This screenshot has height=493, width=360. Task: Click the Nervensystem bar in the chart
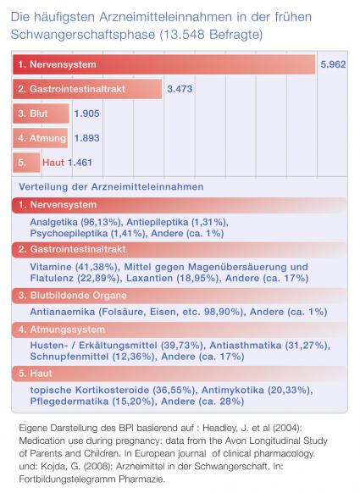(163, 64)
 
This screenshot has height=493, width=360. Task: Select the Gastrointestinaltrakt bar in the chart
(87, 89)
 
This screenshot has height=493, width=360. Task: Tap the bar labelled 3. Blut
(41, 114)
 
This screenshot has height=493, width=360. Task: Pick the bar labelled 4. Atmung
(41, 138)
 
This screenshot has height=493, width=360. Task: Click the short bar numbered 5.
(27, 163)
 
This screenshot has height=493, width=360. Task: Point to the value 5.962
(333, 64)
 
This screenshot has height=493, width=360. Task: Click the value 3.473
(180, 89)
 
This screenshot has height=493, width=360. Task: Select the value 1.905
(86, 114)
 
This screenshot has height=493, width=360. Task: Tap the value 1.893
(86, 138)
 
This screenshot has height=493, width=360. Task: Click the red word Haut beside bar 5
(53, 163)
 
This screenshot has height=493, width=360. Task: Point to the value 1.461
(80, 163)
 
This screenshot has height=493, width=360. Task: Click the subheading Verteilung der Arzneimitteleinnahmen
(111, 186)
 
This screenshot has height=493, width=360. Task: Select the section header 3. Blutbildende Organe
(72, 296)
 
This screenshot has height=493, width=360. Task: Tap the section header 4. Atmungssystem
(62, 330)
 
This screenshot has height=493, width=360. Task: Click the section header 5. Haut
(35, 374)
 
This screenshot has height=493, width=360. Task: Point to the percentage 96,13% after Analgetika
(101, 222)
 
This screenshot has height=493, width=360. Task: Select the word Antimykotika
(233, 391)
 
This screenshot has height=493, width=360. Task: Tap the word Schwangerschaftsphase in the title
(83, 35)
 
